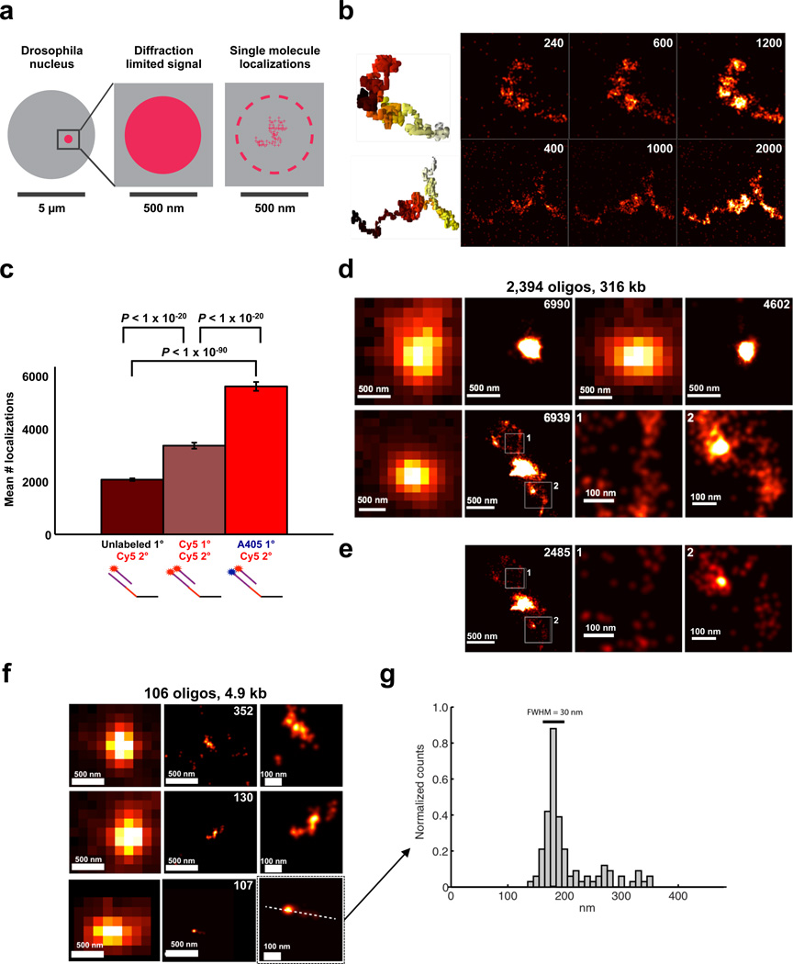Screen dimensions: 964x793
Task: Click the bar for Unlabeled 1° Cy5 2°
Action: [x=131, y=506]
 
